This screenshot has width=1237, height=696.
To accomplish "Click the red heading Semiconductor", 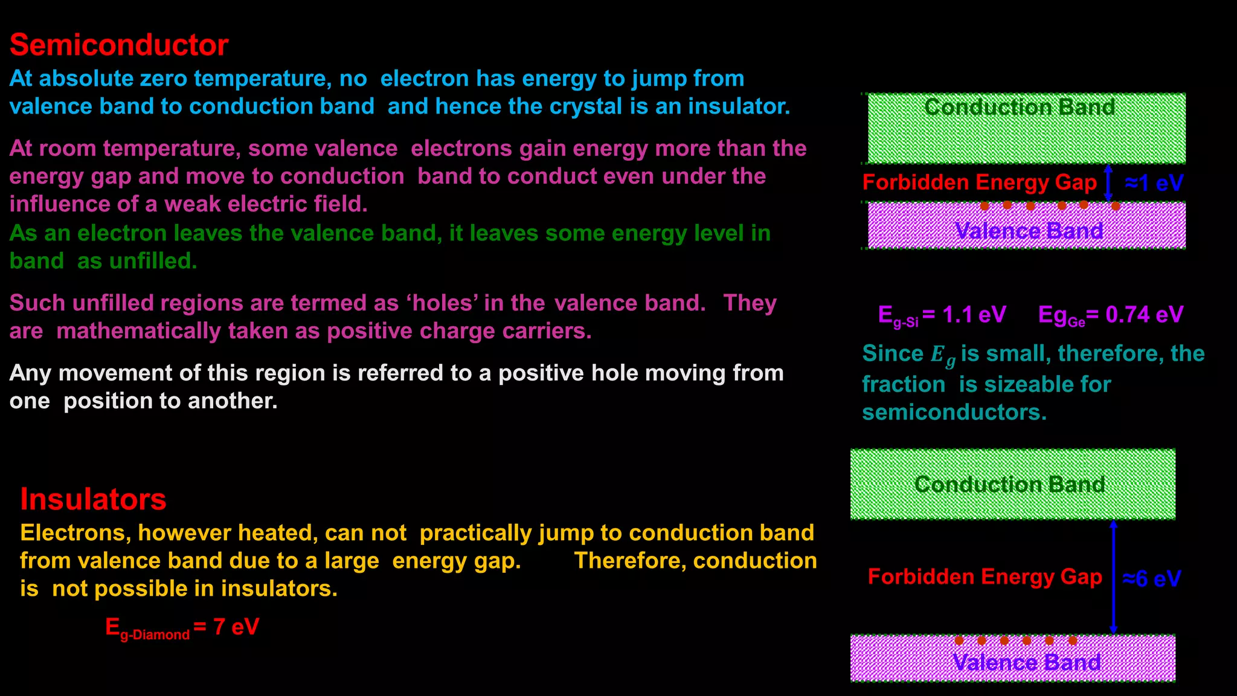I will click(119, 45).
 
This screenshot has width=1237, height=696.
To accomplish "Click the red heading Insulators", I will click(93, 500).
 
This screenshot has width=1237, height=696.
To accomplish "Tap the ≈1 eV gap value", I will click(1154, 182).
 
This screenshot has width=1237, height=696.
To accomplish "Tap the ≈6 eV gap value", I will click(1152, 578).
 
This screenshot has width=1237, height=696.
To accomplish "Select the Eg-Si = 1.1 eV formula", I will click(942, 315).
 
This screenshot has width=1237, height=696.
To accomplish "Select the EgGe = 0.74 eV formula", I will click(1110, 315).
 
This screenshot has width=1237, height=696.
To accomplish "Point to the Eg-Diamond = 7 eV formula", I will click(182, 628).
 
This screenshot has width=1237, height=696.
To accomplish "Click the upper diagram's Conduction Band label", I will click(1020, 108).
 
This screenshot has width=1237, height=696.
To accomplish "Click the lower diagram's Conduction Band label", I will click(1009, 485).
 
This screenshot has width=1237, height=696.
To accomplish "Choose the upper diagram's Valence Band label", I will click(1029, 231).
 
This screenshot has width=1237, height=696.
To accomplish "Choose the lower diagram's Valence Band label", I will click(1026, 662).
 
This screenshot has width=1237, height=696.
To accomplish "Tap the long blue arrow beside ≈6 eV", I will click(1114, 577).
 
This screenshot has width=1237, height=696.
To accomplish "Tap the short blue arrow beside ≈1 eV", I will click(1108, 182).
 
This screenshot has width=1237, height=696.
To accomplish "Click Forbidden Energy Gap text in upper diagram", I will click(979, 182).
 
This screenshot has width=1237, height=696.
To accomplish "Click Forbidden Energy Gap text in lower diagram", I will click(985, 577).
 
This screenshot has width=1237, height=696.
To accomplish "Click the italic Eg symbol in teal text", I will click(942, 355).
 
